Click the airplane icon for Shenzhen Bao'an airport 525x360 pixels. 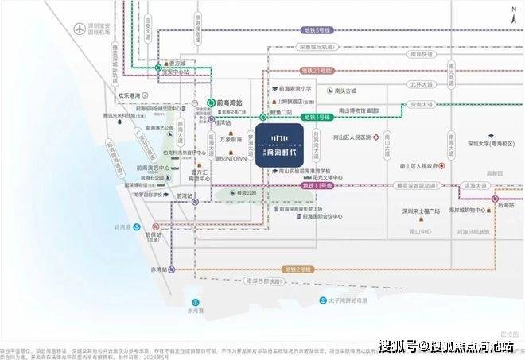point(80,29)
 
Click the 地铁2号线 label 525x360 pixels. point(297,269)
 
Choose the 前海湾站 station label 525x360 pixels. point(234,103)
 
